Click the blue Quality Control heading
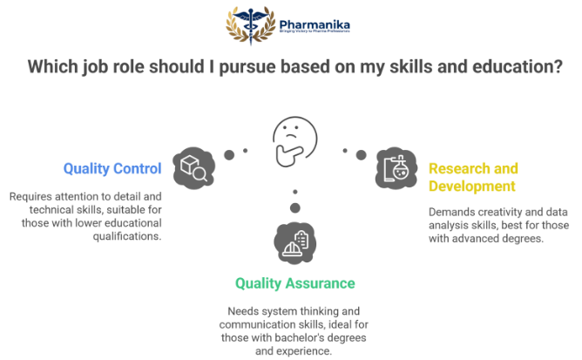pyautogui.click(x=112, y=169)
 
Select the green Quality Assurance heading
pyautogui.click(x=294, y=283)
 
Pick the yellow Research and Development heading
pyautogui.click(x=473, y=176)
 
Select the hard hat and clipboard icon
pyautogui.click(x=294, y=241)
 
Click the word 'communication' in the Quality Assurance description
pyautogui.click(x=268, y=324)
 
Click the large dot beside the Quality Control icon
pyautogui.click(x=230, y=154)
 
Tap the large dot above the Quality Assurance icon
pyautogui.click(x=295, y=208)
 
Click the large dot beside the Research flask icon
pyautogui.click(x=359, y=154)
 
